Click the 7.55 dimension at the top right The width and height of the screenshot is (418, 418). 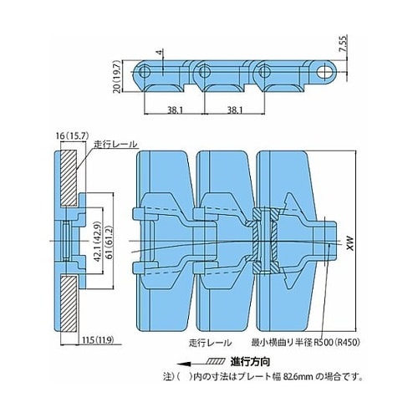tap(344, 43)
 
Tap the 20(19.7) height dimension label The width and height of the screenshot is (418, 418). tap(117, 76)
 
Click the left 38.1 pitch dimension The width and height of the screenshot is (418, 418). tap(175, 110)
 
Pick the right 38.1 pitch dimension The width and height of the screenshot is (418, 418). tap(235, 110)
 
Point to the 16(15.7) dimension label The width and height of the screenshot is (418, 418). tap(72, 136)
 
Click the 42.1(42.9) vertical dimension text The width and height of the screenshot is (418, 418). tap(97, 242)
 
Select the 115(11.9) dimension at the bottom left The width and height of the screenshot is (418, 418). tap(98, 340)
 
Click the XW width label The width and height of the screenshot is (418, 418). tap(350, 243)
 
